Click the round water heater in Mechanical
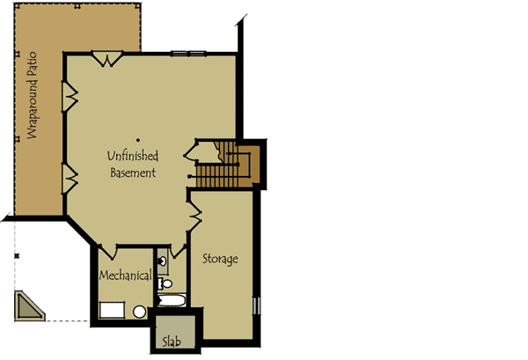pyautogui.click(x=139, y=311)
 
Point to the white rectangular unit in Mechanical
pyautogui.click(x=112, y=309)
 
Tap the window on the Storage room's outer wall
pyautogui.click(x=257, y=306)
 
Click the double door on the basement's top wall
pyautogui.click(x=107, y=59)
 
